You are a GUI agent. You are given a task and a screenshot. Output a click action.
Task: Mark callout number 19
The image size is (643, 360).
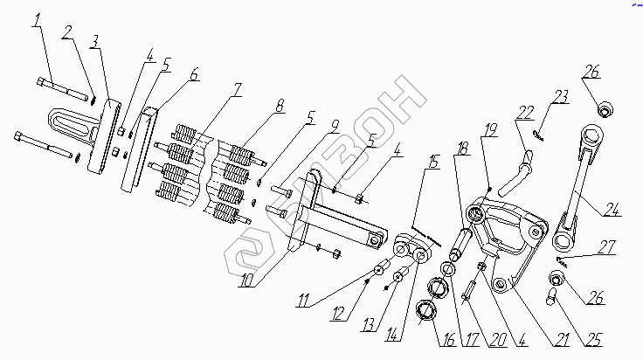pyautogui.click(x=490, y=130)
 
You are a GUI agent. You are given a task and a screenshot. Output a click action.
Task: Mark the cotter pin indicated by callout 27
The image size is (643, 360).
pyautogui.click(x=564, y=259)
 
